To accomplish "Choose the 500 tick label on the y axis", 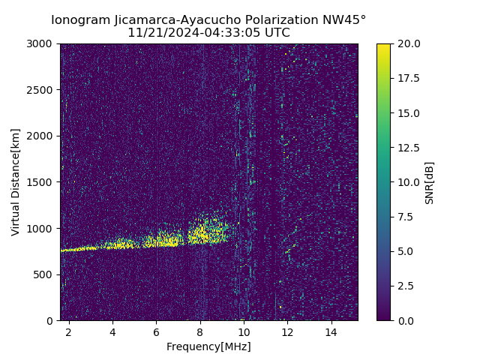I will [45, 274].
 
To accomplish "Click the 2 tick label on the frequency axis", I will [68, 331].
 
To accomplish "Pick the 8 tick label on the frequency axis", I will [200, 331].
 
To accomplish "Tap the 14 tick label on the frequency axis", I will [331, 331].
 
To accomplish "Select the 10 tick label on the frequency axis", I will [244, 331].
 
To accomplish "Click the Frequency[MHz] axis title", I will [208, 346].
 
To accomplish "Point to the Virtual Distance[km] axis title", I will [16, 181].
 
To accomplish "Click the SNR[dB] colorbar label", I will [430, 182].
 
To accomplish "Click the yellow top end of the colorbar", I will [383, 46].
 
